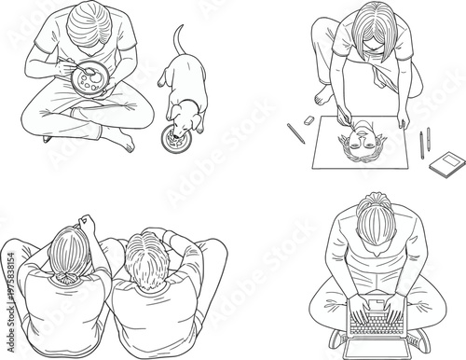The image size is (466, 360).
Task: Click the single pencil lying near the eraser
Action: pos(295,134)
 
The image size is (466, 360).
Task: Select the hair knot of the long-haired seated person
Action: pos(66,281)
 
